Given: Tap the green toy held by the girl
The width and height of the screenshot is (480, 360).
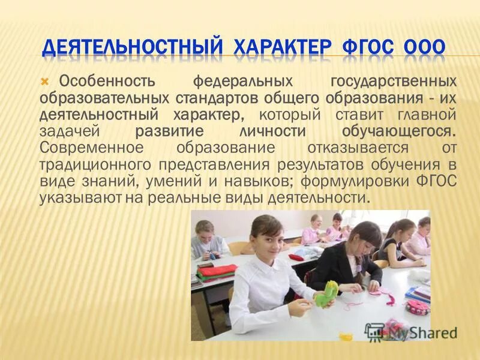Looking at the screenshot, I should pos(327,293).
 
